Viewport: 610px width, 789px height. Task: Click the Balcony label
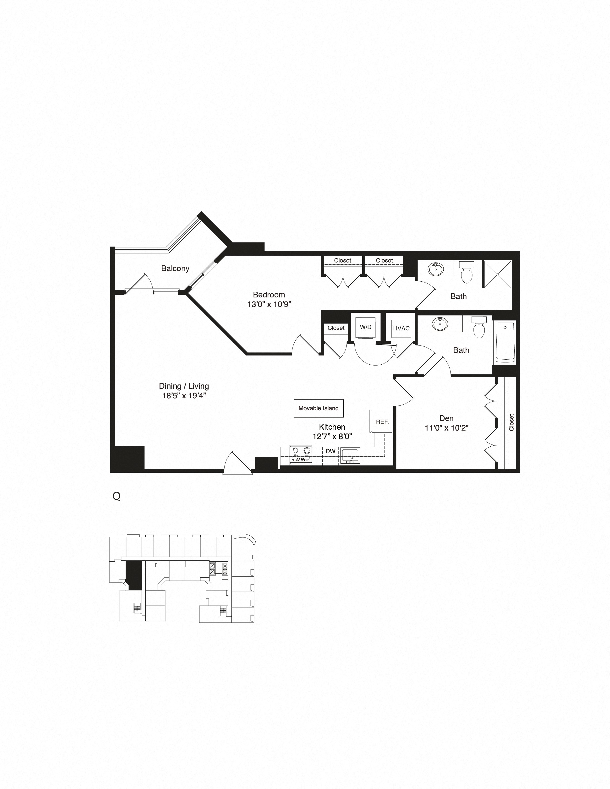click(x=175, y=268)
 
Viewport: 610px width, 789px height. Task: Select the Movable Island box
click(x=318, y=408)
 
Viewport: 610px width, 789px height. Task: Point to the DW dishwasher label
click(x=330, y=451)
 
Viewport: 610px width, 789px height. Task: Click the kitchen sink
click(x=349, y=456)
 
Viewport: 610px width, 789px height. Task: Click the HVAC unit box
click(x=401, y=328)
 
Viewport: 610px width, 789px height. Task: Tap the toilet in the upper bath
click(x=466, y=273)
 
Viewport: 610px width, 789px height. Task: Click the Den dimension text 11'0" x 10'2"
click(x=447, y=428)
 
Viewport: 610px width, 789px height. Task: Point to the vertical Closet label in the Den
click(x=511, y=422)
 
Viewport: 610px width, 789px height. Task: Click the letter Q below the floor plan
click(x=116, y=496)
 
